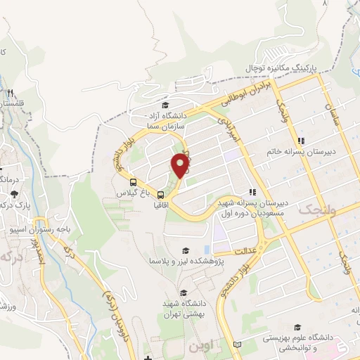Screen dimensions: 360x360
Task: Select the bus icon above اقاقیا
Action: pyautogui.click(x=161, y=195)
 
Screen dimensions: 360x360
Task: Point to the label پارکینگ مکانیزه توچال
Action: pyautogui.click(x=281, y=67)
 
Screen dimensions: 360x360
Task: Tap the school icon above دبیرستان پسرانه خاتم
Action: pyautogui.click(x=302, y=140)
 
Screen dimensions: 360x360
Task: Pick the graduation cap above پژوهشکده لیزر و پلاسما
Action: pyautogui.click(x=186, y=250)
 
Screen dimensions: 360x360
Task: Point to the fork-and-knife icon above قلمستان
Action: pyautogui.click(x=11, y=93)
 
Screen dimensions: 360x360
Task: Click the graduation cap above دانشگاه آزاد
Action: pyautogui.click(x=165, y=105)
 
